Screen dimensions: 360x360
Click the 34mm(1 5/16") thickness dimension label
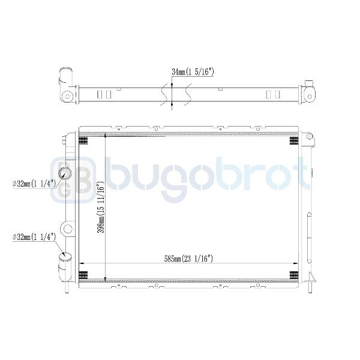point(193,72)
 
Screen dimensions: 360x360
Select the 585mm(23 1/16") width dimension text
point(188,259)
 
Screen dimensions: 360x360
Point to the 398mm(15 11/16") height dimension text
point(101,208)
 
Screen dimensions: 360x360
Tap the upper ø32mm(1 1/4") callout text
point(34,184)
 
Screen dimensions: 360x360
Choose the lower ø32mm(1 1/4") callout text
point(34,237)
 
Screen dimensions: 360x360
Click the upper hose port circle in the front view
point(65,173)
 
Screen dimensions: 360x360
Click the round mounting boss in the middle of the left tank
point(67,229)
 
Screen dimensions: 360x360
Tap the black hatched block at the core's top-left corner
point(83,140)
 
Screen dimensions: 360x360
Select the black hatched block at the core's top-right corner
point(294,140)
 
